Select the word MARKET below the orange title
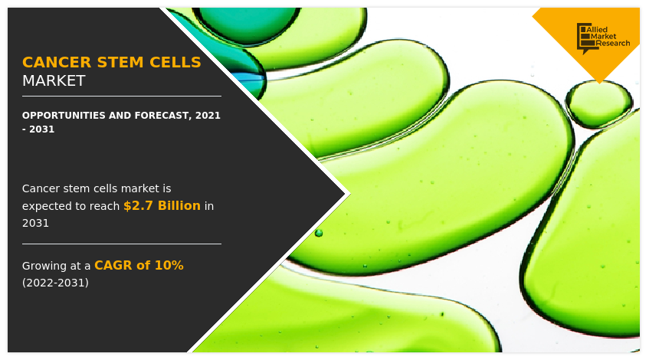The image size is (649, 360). point(54,81)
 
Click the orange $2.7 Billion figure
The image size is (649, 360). point(162,206)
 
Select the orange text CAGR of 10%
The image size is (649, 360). point(139,266)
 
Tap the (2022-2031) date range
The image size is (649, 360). point(55,283)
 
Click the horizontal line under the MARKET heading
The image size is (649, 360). point(121,97)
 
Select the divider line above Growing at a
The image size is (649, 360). point(121,244)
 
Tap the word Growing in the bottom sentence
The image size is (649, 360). point(47,266)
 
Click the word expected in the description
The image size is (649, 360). point(51,206)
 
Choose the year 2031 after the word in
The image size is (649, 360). point(35,223)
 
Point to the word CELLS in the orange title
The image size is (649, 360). point(175,63)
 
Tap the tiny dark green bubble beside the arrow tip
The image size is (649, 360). point(319,232)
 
